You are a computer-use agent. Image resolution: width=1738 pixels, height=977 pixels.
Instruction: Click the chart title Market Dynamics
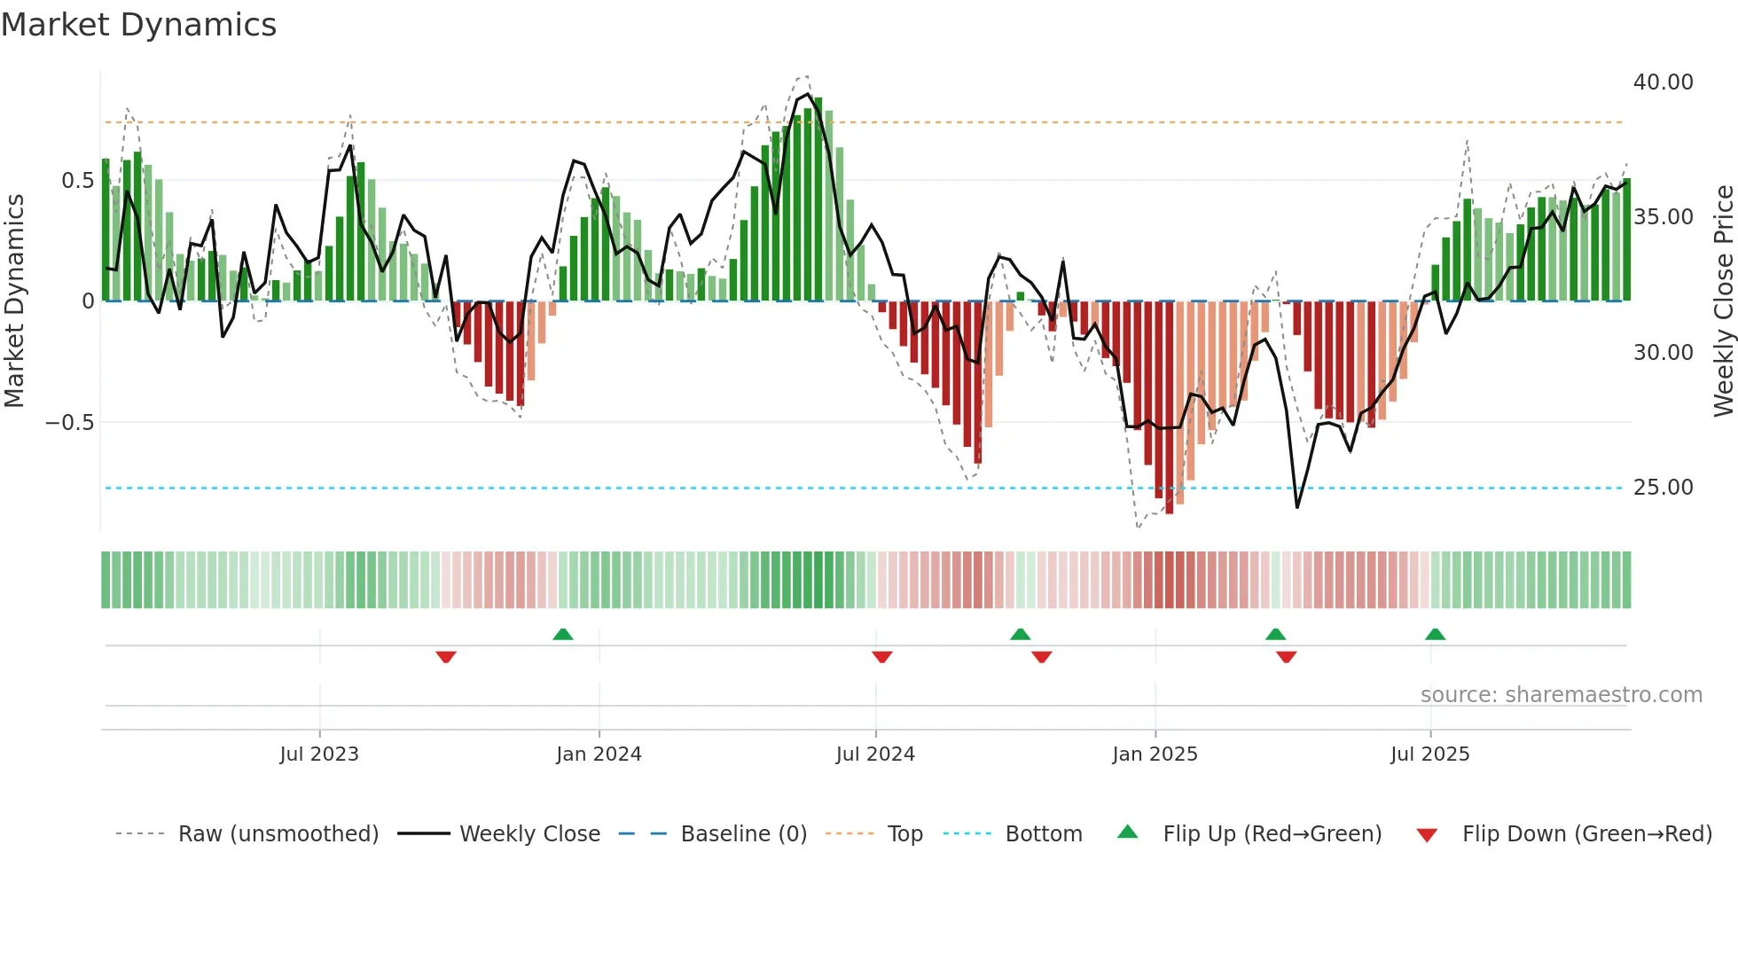tap(138, 25)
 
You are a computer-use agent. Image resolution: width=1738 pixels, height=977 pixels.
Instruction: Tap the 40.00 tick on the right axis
tap(1663, 82)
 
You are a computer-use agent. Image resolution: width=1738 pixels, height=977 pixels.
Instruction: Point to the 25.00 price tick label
tap(1663, 488)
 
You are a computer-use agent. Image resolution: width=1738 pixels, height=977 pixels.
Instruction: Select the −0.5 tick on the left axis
tap(69, 423)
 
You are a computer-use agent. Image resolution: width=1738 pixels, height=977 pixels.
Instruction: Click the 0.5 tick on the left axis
tap(77, 181)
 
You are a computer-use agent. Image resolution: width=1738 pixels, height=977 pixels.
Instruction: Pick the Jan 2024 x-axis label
tap(599, 754)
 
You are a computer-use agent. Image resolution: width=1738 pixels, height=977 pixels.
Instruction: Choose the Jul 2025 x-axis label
tap(1429, 754)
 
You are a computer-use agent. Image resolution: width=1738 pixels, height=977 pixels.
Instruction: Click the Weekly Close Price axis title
tap(1723, 301)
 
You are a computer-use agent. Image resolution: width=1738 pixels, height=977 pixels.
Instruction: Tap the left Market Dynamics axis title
tap(14, 301)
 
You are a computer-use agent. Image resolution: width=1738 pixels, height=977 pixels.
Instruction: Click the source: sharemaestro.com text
tap(1561, 695)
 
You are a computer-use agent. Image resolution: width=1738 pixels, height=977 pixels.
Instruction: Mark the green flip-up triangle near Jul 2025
tap(1435, 634)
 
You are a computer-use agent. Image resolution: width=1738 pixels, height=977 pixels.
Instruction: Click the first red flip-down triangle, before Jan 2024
tap(446, 657)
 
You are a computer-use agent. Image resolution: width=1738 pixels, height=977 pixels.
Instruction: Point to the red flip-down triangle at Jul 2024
tap(881, 657)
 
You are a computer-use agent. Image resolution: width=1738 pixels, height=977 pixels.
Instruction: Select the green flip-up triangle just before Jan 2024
tap(562, 634)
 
